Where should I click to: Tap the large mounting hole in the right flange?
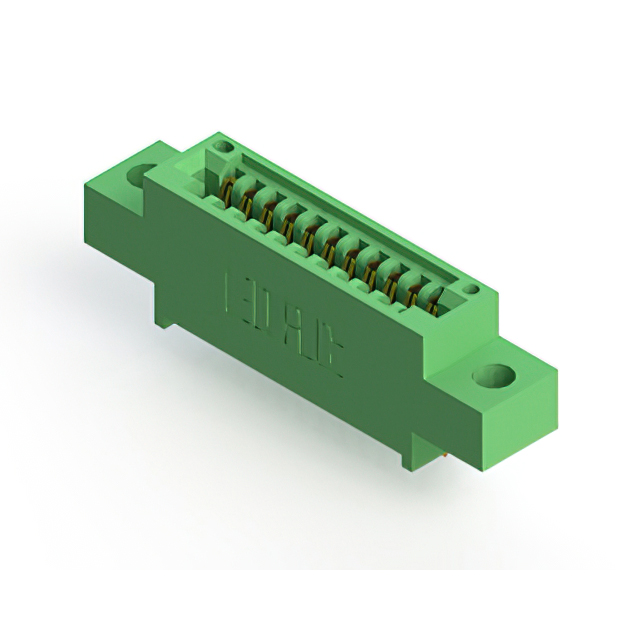(x=495, y=377)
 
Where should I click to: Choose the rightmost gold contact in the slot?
(x=432, y=295)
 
